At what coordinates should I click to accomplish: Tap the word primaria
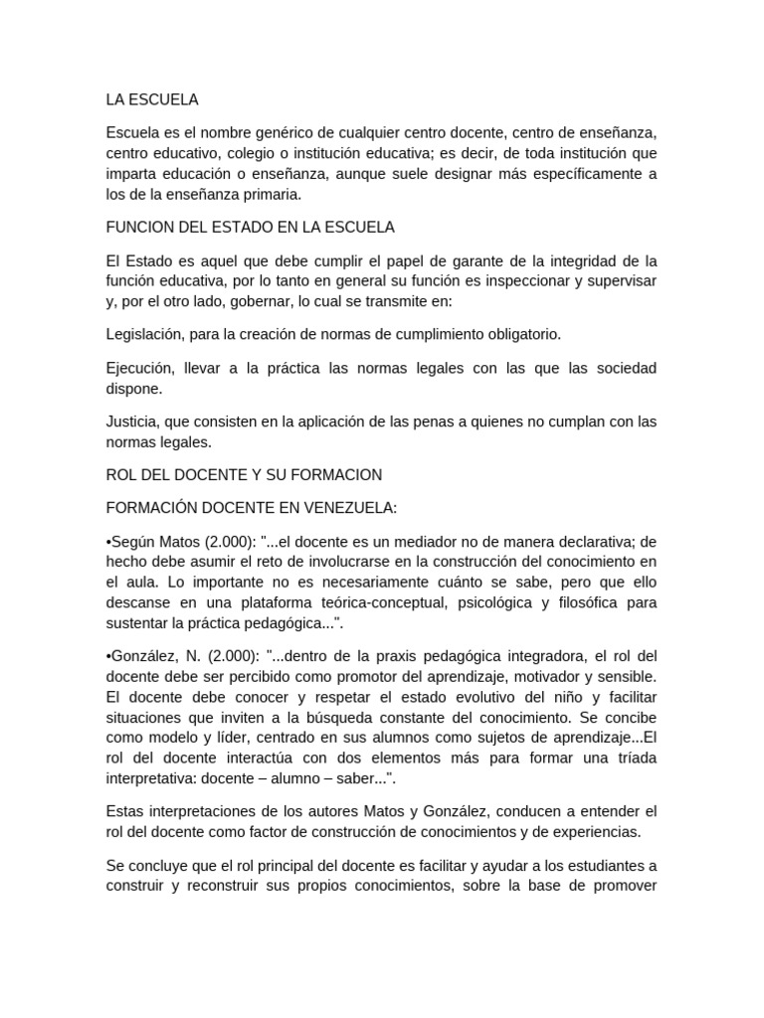point(264,195)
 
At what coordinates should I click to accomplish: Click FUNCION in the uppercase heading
point(140,227)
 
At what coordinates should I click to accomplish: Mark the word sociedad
point(623,368)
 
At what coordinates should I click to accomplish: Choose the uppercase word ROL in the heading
point(120,475)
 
